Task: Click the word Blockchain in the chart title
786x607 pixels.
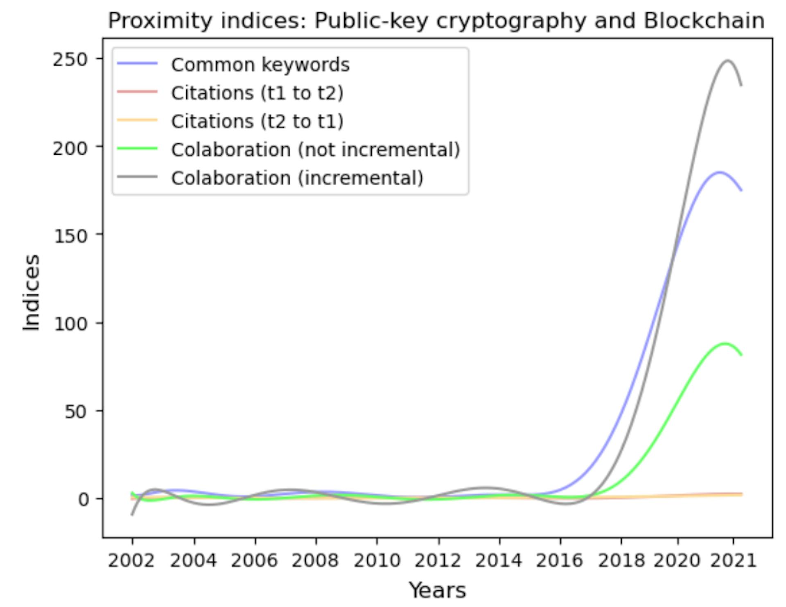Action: click(704, 20)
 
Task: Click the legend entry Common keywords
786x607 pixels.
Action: click(260, 65)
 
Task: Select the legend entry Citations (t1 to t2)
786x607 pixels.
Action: click(257, 93)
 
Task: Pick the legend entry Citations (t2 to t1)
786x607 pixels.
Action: click(257, 121)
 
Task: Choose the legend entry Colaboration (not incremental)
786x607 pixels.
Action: click(315, 150)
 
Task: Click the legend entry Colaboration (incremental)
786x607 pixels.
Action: click(297, 178)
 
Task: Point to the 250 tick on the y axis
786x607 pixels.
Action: click(70, 60)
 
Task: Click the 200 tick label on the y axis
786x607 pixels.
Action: click(70, 148)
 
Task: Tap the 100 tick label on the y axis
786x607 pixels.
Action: click(70, 324)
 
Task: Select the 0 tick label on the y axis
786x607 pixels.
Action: click(83, 499)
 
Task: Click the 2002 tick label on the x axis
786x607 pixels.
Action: click(132, 560)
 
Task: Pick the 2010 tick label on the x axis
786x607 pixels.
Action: click(377, 560)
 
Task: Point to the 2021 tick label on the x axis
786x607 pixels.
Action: click(733, 560)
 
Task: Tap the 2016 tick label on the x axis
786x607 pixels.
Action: click(560, 560)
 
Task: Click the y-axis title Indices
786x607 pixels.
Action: click(32, 292)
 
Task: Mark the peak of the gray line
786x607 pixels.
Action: click(727, 61)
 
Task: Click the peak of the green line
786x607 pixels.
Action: click(725, 343)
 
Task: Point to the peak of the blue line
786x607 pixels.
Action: click(719, 172)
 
